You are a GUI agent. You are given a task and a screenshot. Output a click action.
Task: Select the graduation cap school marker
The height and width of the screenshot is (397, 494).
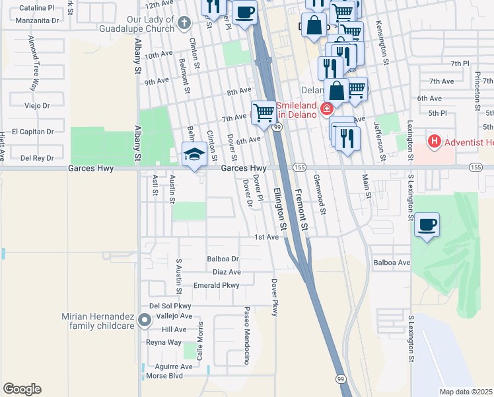pyautogui.click(x=194, y=154)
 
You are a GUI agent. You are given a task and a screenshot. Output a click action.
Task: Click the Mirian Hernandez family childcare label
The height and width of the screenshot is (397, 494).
pyautogui.click(x=98, y=321)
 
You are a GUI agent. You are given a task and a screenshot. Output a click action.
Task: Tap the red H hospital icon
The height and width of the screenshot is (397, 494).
pyautogui.click(x=435, y=141)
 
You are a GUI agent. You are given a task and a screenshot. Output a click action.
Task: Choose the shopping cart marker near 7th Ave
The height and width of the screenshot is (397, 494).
pyautogui.click(x=264, y=112)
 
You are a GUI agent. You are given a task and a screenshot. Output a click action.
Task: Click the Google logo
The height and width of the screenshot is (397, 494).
pyautogui.click(x=22, y=389)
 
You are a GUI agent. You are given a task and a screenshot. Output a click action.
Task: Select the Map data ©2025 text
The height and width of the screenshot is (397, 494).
pyautogui.click(x=466, y=392)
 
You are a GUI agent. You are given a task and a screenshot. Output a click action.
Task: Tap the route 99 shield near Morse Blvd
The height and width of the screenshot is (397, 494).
pyautogui.click(x=340, y=378)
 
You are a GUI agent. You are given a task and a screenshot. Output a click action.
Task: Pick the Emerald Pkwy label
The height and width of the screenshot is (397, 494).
pyautogui.click(x=215, y=285)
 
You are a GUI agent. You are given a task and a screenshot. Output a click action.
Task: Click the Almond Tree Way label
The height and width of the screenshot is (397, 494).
pyautogui.click(x=31, y=64)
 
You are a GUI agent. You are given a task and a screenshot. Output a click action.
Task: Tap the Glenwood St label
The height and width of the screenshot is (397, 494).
pyautogui.click(x=320, y=195)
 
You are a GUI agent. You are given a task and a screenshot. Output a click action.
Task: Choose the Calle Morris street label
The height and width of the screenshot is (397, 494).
pyautogui.click(x=199, y=341)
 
